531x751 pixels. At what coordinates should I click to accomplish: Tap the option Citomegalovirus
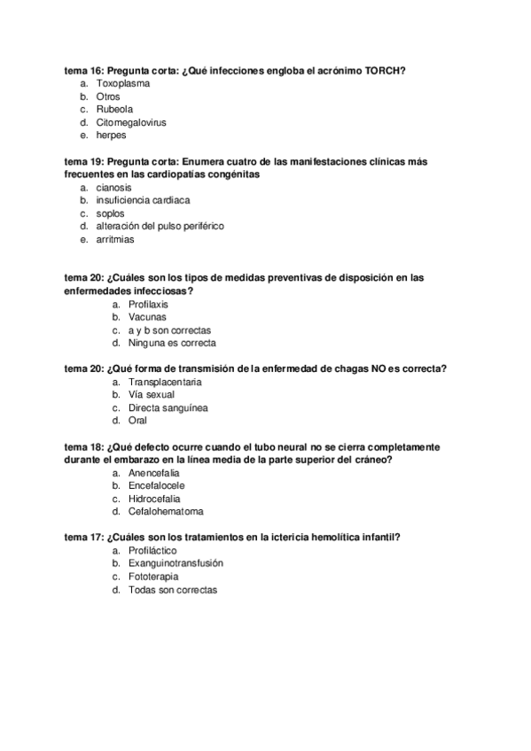131,122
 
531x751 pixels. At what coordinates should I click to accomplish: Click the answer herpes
111,135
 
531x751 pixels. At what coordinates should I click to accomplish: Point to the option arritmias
115,239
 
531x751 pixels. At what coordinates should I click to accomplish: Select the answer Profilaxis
148,304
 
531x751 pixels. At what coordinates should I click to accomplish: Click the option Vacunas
146,316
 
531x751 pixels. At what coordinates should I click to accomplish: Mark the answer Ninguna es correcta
172,343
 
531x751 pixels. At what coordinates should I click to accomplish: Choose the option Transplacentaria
165,382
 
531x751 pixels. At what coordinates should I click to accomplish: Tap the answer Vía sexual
152,395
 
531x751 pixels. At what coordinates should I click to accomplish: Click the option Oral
138,421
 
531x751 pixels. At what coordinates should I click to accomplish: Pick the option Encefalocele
158,485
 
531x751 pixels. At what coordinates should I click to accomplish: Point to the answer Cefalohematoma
166,512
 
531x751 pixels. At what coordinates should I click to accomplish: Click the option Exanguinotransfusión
176,563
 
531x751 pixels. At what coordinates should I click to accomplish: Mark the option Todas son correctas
172,590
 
